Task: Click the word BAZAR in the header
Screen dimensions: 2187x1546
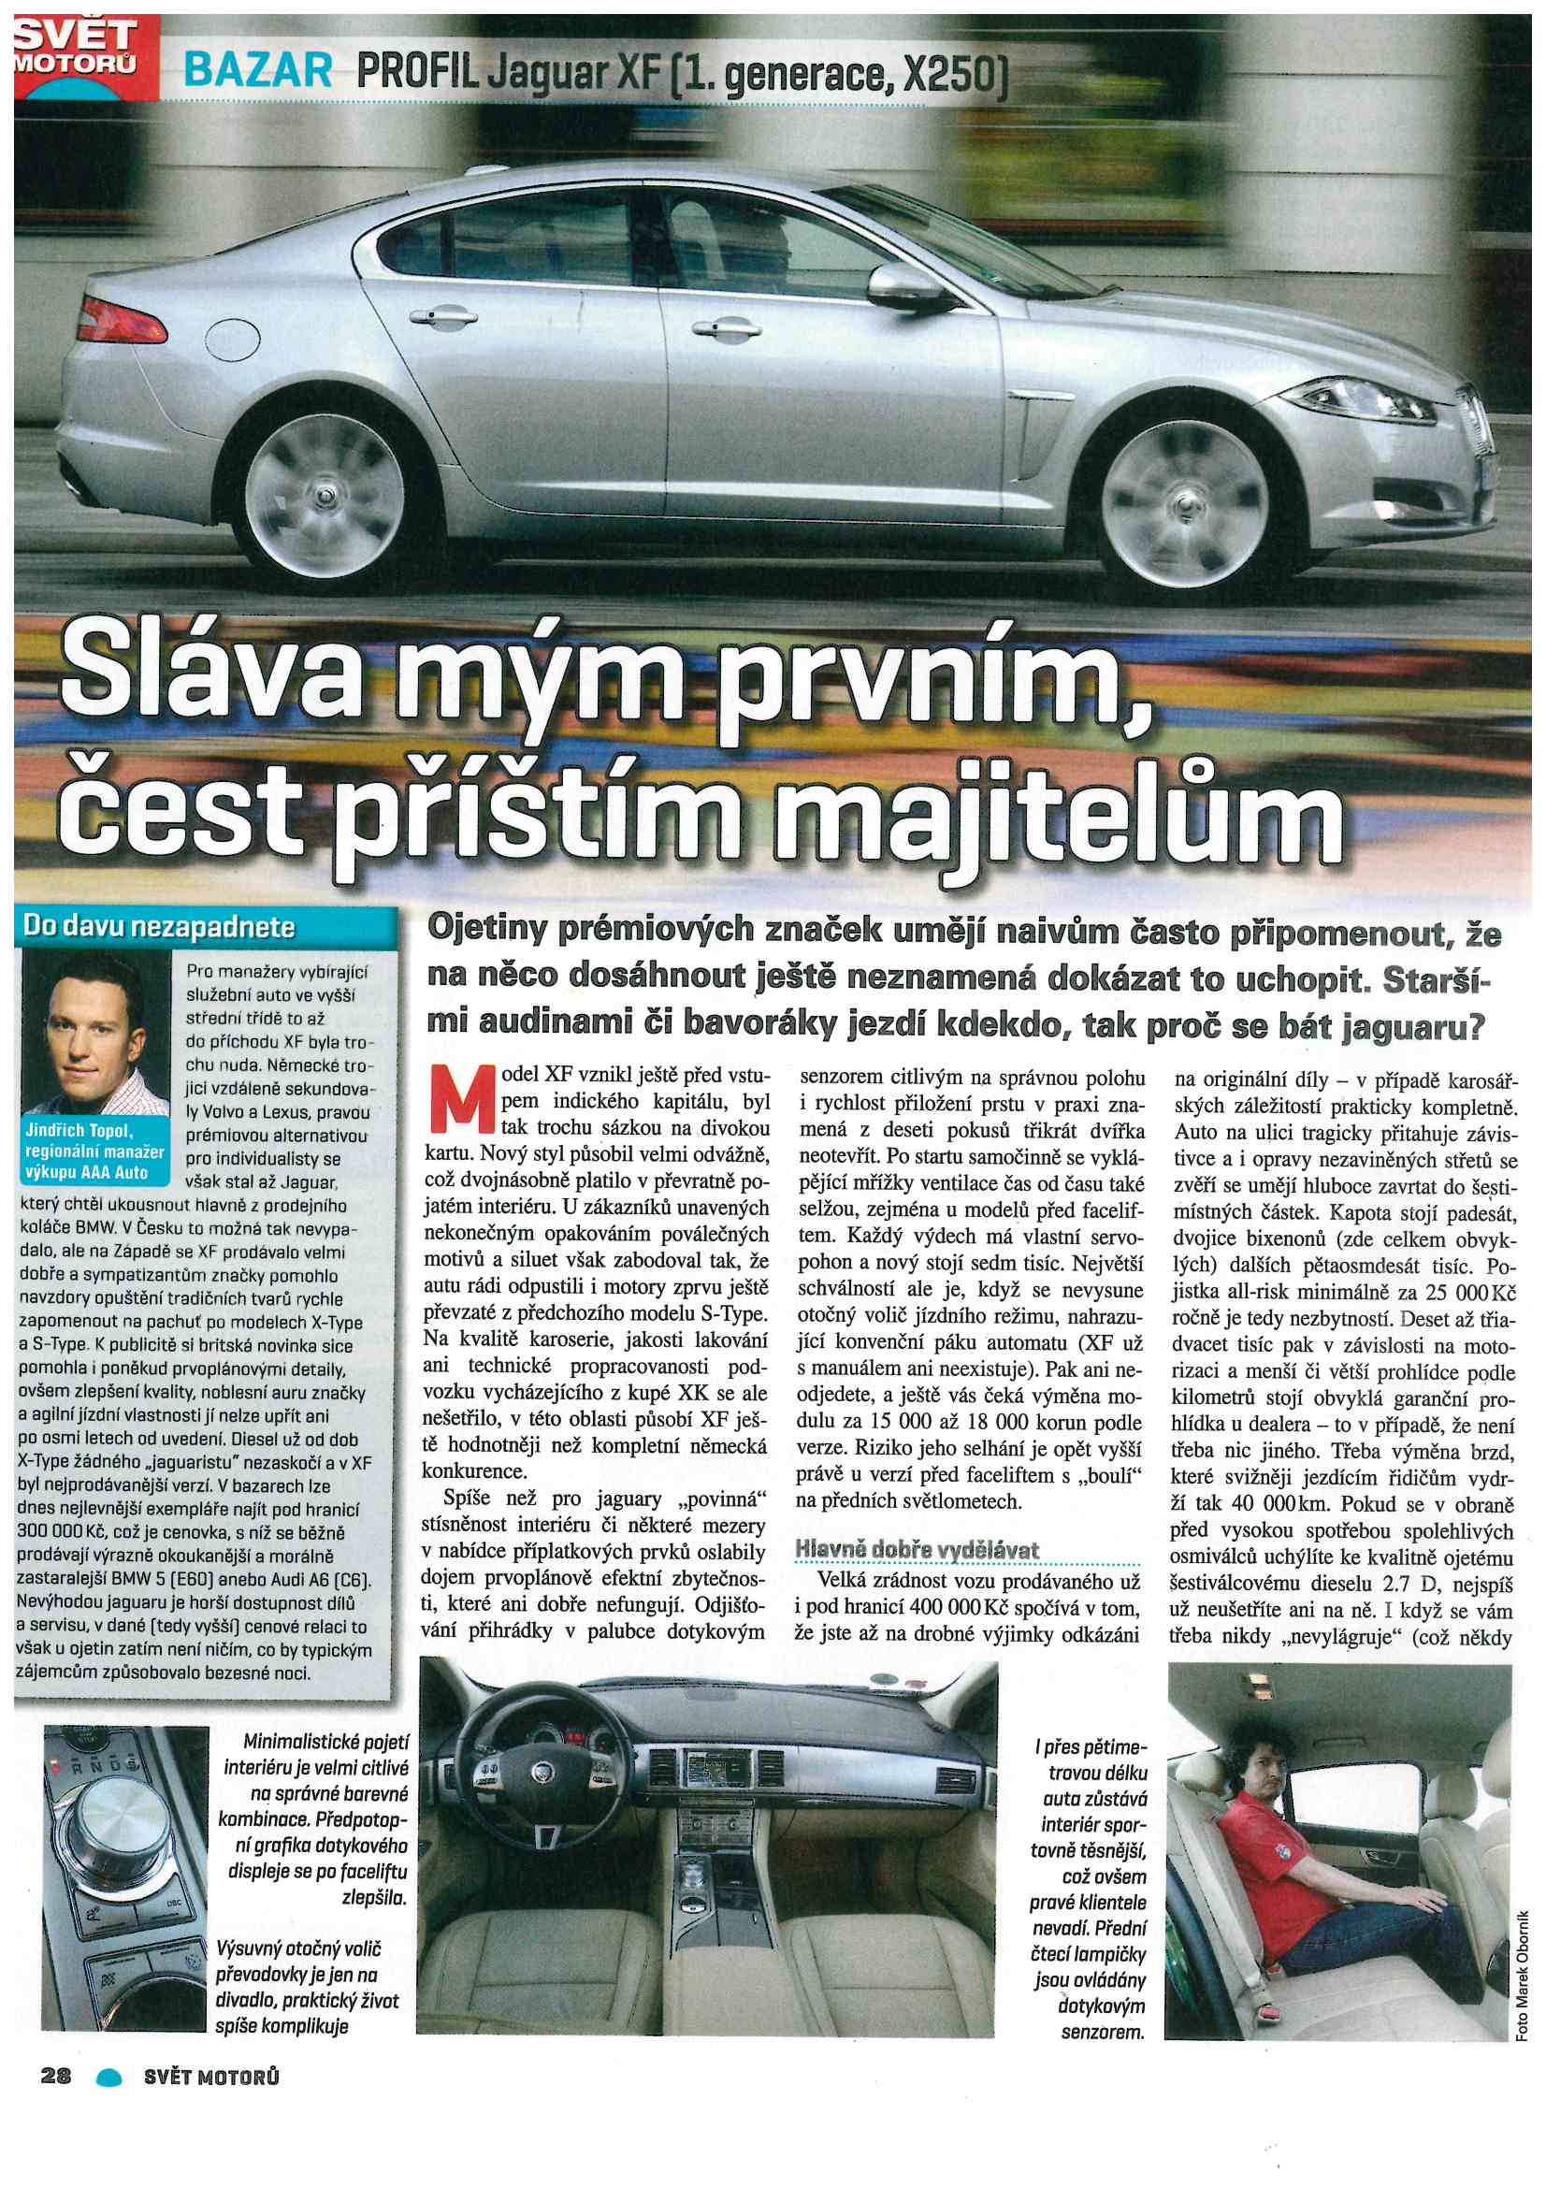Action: pos(257,71)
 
